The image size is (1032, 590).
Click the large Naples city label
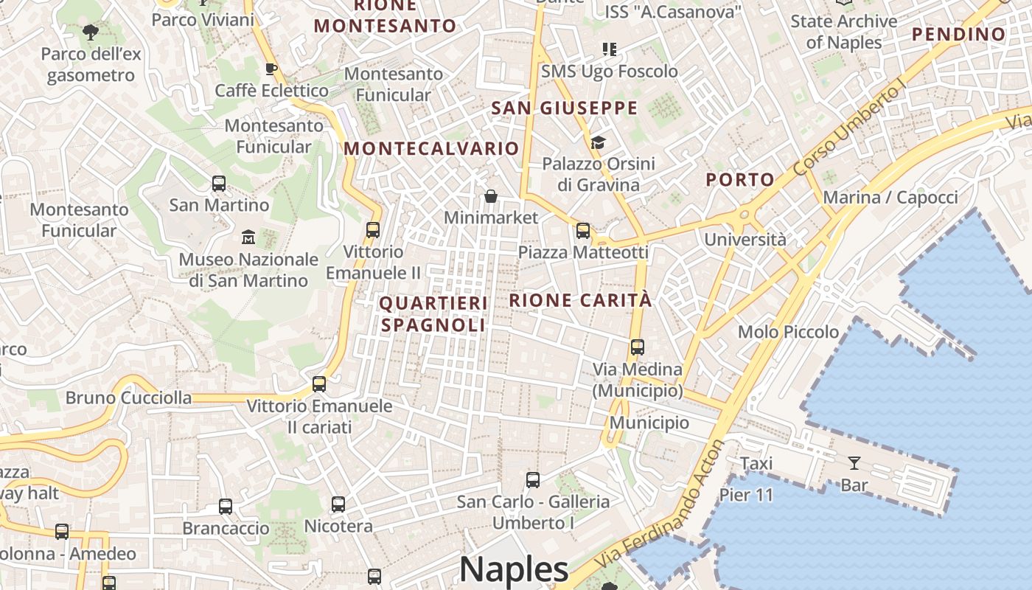click(514, 569)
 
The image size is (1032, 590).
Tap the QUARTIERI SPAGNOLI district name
click(433, 313)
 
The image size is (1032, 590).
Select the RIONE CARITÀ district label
click(580, 300)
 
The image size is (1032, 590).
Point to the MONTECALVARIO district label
click(431, 148)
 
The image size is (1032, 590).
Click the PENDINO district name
click(958, 34)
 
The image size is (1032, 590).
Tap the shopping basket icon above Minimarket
click(491, 196)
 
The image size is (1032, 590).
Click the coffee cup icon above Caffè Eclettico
click(271, 69)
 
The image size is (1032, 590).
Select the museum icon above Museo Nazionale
click(248, 237)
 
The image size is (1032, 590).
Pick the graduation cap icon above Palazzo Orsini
click(598, 142)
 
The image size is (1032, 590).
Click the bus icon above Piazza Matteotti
click(583, 231)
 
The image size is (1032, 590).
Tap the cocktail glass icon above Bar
click(854, 463)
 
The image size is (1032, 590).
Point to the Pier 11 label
click(746, 495)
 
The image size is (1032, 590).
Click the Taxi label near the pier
click(756, 463)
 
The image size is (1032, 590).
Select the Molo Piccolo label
click(788, 332)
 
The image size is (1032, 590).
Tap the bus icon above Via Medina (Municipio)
click(638, 347)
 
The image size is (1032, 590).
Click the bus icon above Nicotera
click(338, 504)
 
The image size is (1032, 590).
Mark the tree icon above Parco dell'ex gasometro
click(91, 32)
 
